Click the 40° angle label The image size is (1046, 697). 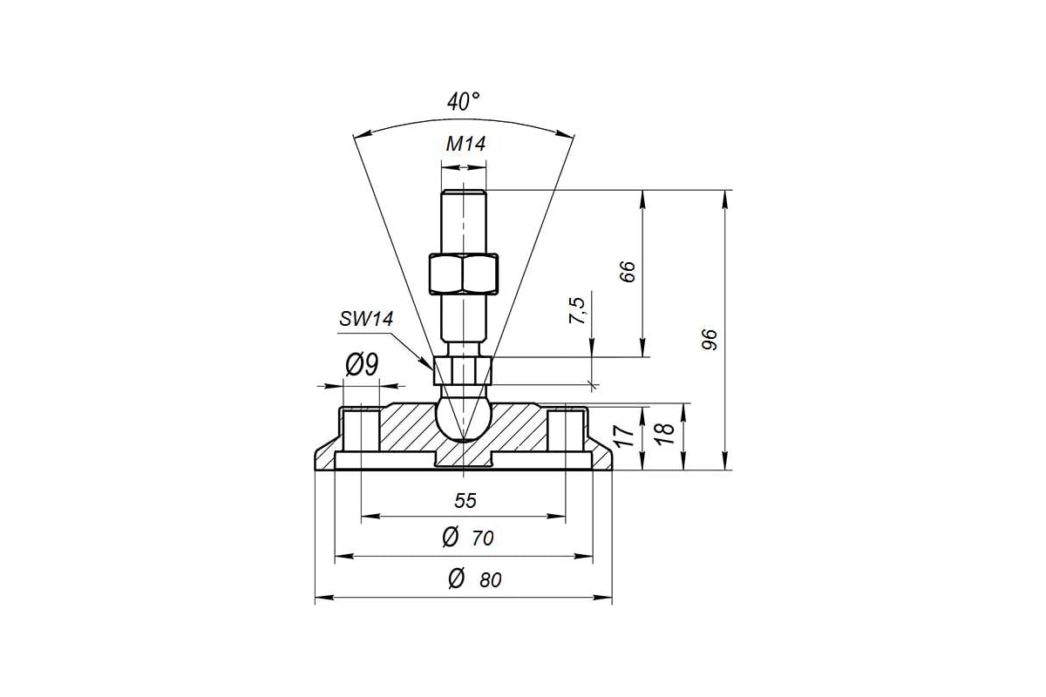click(463, 102)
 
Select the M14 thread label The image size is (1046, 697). click(465, 144)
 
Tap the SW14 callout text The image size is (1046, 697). click(366, 319)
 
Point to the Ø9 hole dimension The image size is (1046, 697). click(362, 364)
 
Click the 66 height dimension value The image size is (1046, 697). click(628, 271)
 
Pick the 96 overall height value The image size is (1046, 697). click(709, 340)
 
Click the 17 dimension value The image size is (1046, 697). click(623, 436)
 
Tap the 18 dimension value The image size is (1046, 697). click(664, 434)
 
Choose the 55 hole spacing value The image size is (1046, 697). click(465, 501)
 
